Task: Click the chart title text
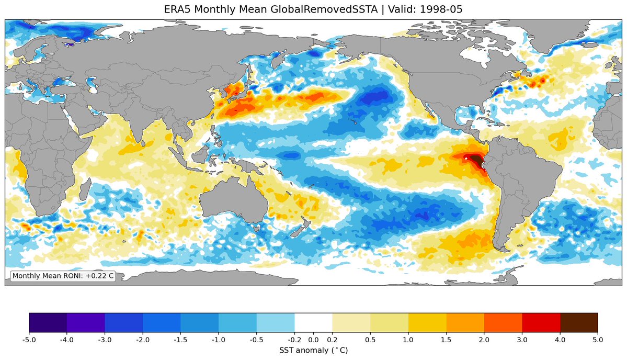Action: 313,9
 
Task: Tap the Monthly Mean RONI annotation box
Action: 63,276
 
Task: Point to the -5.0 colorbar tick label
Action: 29,340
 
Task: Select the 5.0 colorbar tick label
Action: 598,340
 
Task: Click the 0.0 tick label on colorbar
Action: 314,340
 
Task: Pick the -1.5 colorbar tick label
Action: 181,340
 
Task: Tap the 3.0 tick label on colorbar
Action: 522,340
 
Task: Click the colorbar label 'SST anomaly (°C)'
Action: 314,351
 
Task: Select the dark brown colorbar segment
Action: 579,322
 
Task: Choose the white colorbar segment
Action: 314,322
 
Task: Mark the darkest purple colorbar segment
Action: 48,322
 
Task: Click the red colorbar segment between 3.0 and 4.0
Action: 541,322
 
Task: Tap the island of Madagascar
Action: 84,189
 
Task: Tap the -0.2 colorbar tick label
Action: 295,340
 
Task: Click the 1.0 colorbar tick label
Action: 408,340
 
